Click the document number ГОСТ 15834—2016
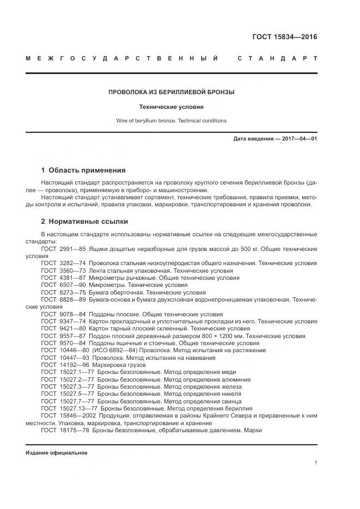click(284, 38)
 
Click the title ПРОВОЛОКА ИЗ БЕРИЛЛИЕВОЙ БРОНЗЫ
click(172, 92)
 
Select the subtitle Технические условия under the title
click(172, 107)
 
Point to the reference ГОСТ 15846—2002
click(67, 415)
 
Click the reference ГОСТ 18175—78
click(65, 430)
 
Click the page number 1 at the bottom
click(315, 463)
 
